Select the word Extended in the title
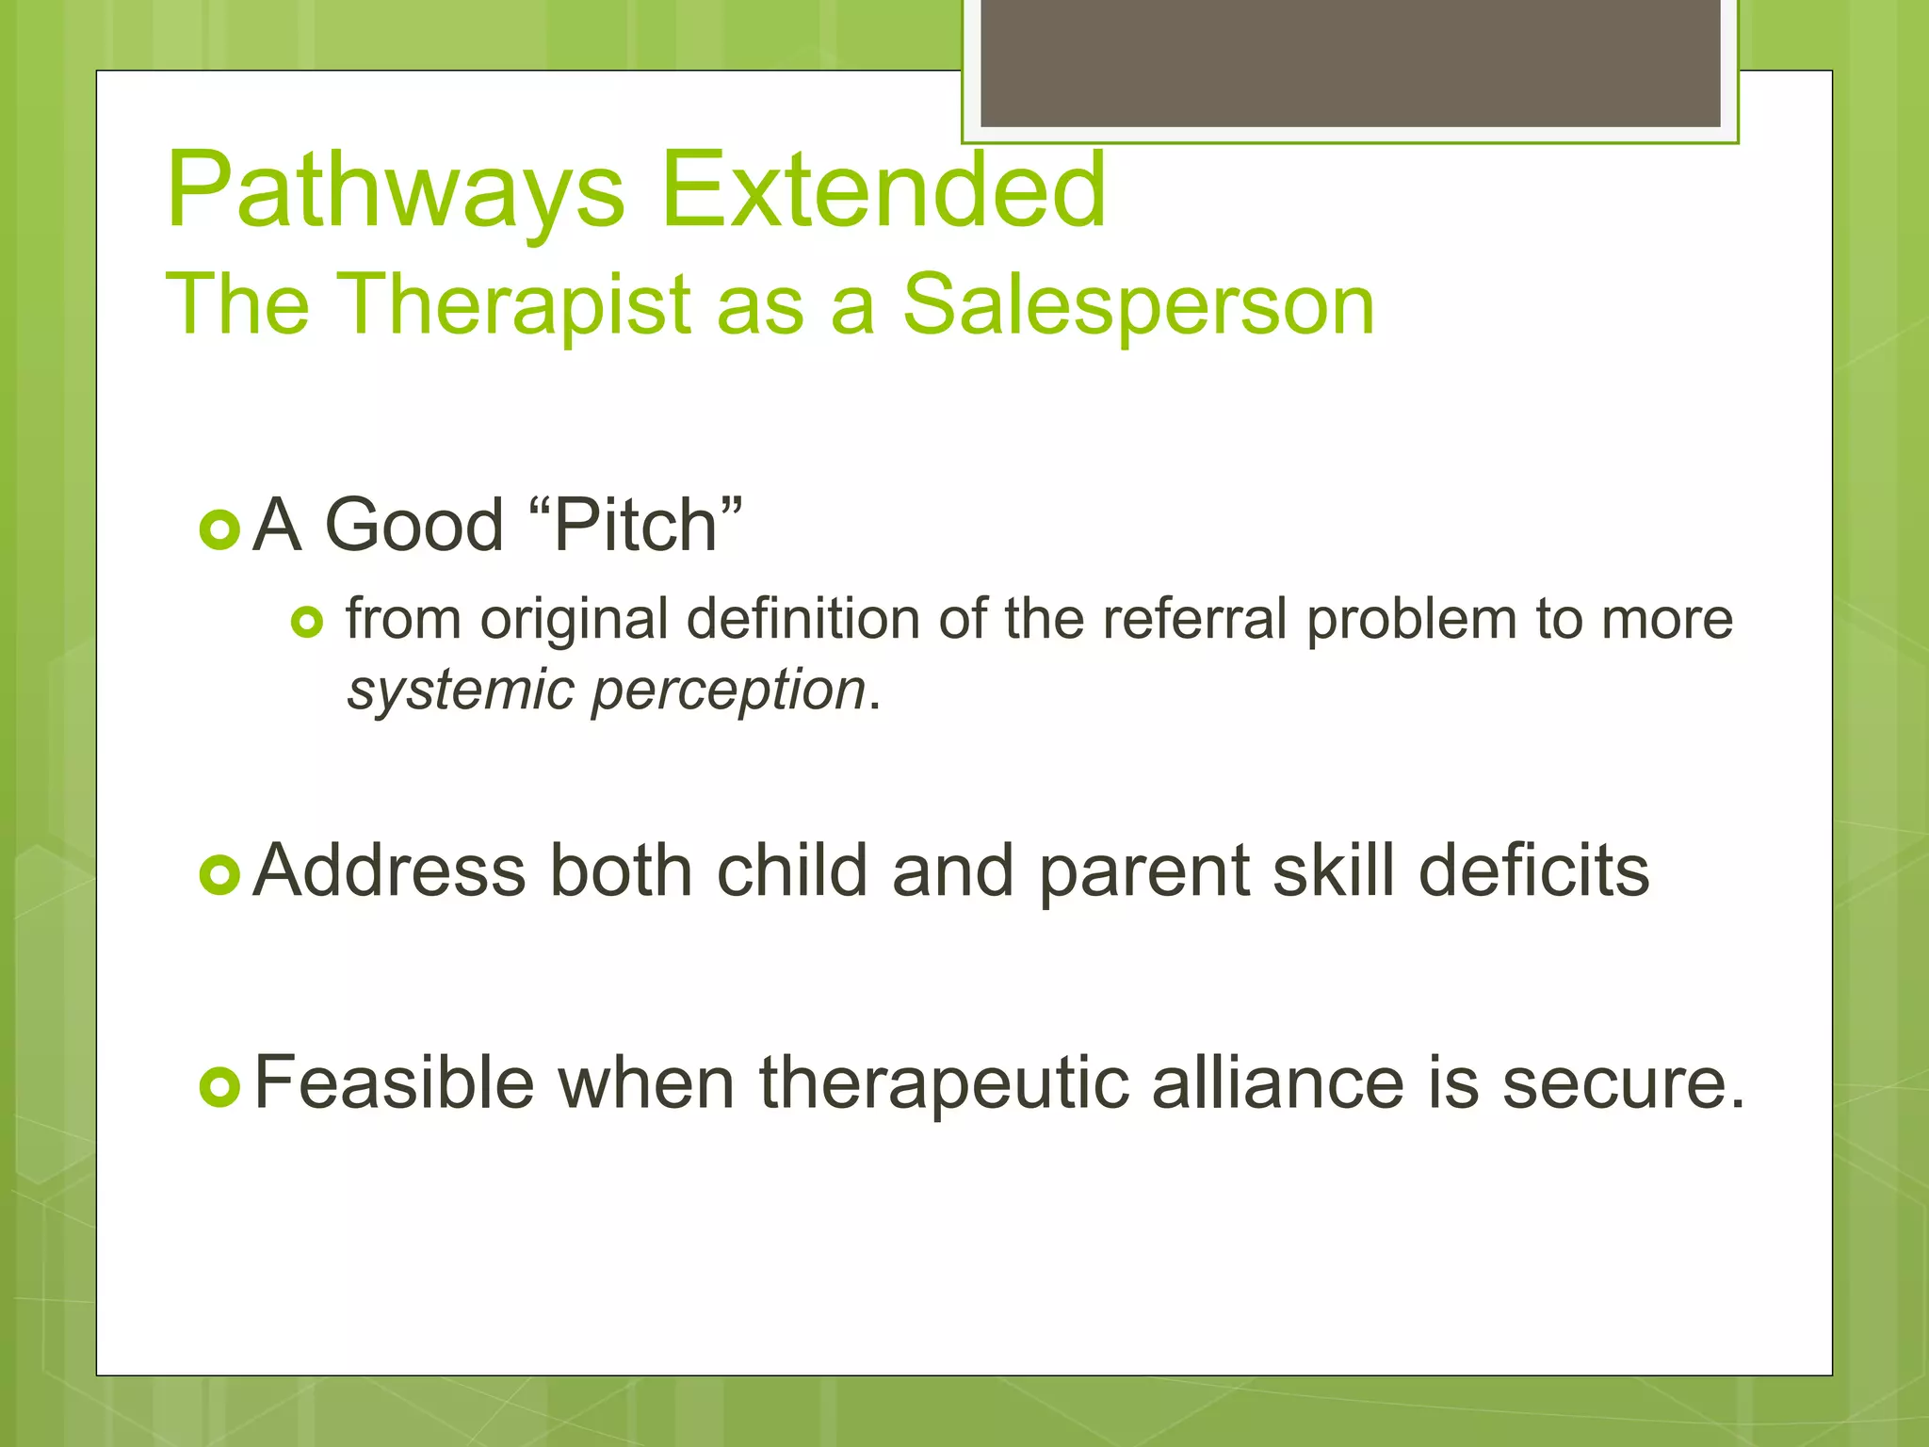tap(883, 191)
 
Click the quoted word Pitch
tap(637, 526)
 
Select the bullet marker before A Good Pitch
tap(220, 529)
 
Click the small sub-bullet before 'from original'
tap(307, 623)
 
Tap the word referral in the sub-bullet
tap(1194, 620)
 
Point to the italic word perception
tap(728, 691)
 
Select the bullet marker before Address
tap(220, 876)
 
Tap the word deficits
tap(1533, 870)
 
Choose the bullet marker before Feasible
tap(220, 1088)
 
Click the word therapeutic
tap(944, 1084)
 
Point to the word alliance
tap(1277, 1082)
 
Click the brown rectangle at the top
tap(1350, 62)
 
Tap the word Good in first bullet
tap(414, 526)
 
